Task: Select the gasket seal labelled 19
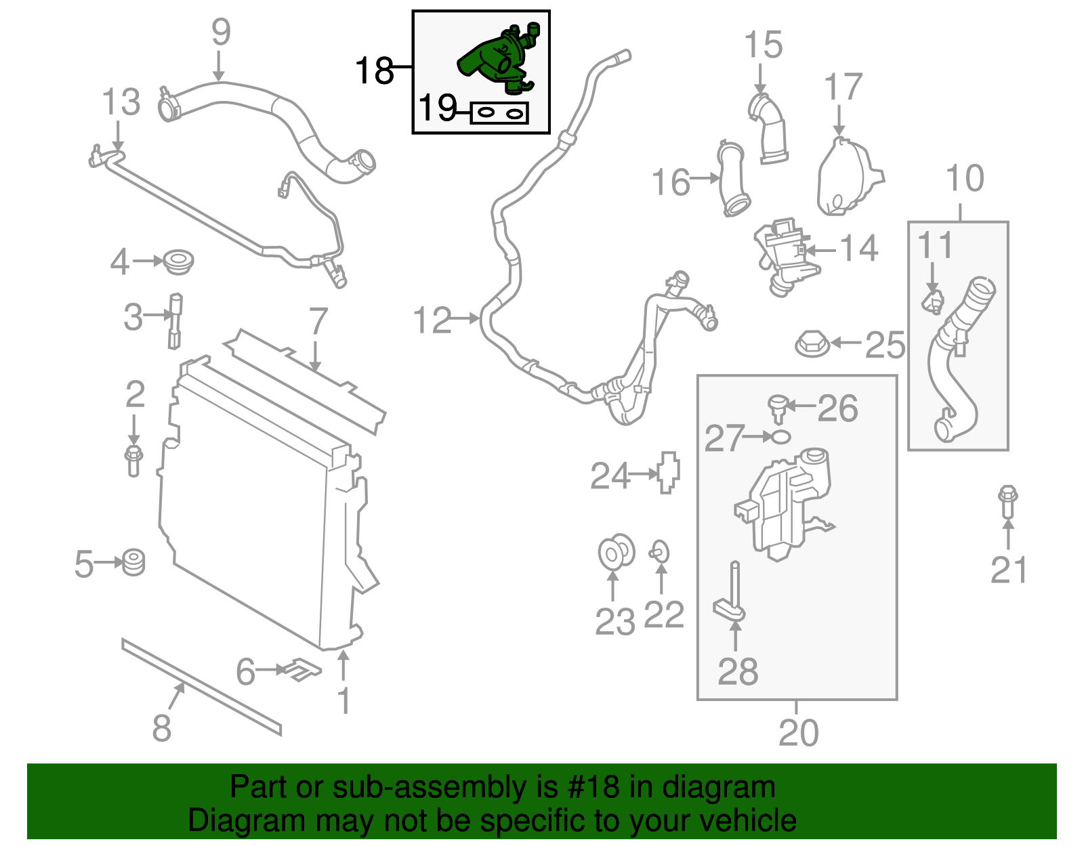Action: [x=500, y=113]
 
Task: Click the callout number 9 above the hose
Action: [x=221, y=32]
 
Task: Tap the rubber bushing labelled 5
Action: [x=133, y=562]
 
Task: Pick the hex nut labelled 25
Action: [x=812, y=343]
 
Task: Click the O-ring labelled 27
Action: [x=780, y=437]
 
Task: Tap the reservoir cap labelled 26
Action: [x=776, y=408]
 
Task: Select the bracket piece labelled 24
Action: [x=668, y=472]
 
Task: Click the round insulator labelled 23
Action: [x=616, y=551]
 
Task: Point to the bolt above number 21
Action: [x=1008, y=502]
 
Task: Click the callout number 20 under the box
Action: [x=798, y=732]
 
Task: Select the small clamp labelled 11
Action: [x=933, y=301]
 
